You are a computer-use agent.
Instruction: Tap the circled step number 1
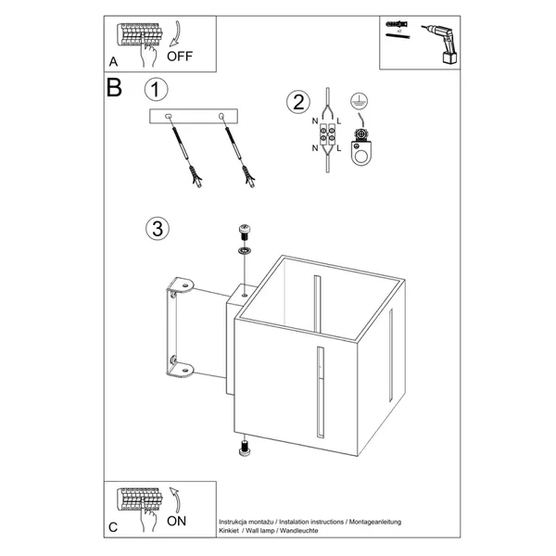coord(157,90)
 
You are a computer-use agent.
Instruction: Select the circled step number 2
coord(297,102)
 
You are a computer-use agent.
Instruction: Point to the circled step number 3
coord(157,228)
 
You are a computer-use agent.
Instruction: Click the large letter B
coord(114,88)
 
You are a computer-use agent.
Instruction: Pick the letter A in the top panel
coord(113,61)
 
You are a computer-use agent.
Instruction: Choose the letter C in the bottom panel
coord(112,527)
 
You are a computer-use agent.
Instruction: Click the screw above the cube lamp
coord(246,230)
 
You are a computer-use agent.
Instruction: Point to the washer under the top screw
coord(246,251)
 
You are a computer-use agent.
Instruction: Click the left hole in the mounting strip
coord(168,116)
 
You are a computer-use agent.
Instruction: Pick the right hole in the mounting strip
coord(222,116)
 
